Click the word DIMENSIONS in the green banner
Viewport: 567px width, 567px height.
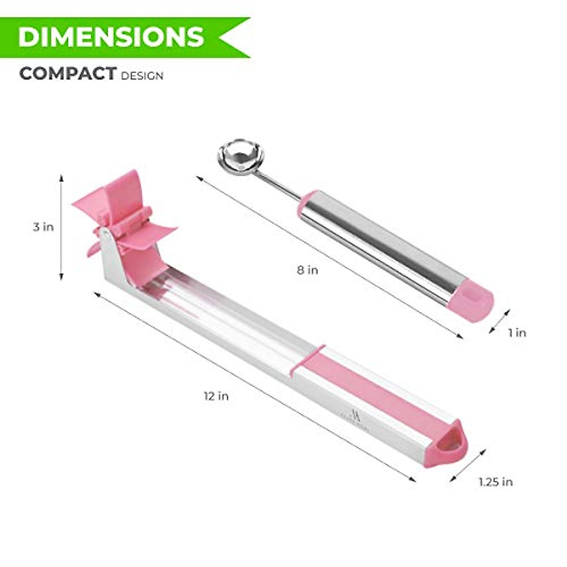(x=111, y=37)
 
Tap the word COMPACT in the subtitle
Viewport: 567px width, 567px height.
(x=68, y=74)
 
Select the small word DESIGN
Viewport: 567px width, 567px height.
(x=142, y=76)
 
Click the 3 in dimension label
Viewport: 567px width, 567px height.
(x=43, y=227)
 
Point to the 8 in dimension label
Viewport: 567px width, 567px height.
(x=307, y=270)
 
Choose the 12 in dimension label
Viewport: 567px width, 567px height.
(x=216, y=396)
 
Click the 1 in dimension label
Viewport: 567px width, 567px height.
(x=517, y=333)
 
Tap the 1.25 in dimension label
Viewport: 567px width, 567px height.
(x=495, y=482)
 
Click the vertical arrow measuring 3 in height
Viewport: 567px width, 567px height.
(x=61, y=227)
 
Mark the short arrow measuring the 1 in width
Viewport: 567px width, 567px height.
(x=499, y=321)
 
